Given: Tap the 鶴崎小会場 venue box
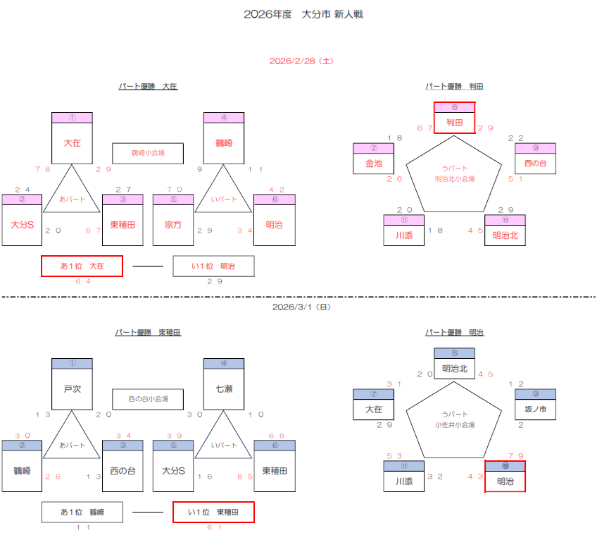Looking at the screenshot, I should pyautogui.click(x=148, y=153).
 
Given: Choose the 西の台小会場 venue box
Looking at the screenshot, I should pyautogui.click(x=148, y=400).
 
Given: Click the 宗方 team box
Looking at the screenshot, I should pyautogui.click(x=173, y=224).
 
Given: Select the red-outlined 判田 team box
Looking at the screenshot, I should pyautogui.click(x=454, y=122).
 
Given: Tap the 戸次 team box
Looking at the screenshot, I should pyautogui.click(x=73, y=388).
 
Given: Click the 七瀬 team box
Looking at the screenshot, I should pyautogui.click(x=224, y=388).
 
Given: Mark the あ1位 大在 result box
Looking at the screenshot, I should pyautogui.click(x=82, y=266).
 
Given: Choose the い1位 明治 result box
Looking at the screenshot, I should pyautogui.click(x=213, y=266).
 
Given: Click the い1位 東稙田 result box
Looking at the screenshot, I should pyautogui.click(x=213, y=513).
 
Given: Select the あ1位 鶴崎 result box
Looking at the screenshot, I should pyautogui.click(x=82, y=513).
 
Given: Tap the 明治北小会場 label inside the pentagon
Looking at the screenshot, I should pyautogui.click(x=454, y=179).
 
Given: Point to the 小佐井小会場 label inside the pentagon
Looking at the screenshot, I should pyautogui.click(x=454, y=425).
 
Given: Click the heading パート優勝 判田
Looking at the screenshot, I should pyautogui.click(x=454, y=87).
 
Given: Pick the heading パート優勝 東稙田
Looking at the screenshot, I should pyautogui.click(x=148, y=332).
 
